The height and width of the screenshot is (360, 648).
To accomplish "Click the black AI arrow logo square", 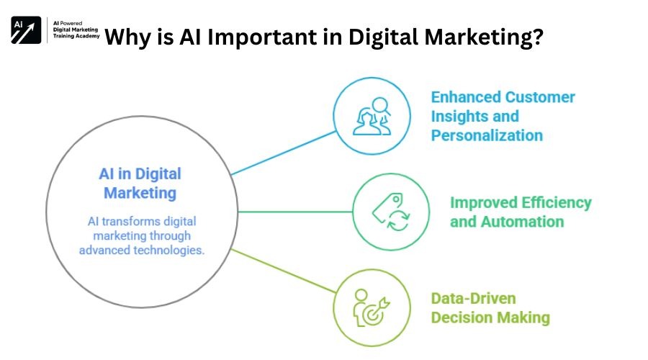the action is click(26, 30).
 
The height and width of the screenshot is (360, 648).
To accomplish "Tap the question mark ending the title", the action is click(537, 37).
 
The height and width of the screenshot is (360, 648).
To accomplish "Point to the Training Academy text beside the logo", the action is click(76, 36).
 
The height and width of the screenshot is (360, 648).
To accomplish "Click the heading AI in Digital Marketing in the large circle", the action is click(140, 184).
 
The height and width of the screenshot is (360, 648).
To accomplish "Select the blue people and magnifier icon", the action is click(372, 116).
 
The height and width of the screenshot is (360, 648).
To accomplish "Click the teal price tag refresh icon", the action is click(391, 212).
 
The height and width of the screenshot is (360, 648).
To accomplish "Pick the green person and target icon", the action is click(372, 308).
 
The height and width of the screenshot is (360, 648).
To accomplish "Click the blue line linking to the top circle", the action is click(284, 153).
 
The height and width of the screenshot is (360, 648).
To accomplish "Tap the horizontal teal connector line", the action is click(295, 212).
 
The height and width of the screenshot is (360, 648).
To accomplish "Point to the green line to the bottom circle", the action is click(284, 271).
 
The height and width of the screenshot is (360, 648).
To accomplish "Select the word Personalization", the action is click(487, 135).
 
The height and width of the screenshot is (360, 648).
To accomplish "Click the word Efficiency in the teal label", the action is click(557, 203).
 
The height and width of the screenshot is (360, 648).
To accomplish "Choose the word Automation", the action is click(523, 222).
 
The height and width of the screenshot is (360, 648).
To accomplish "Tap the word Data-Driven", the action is click(473, 298).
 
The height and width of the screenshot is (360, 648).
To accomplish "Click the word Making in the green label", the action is click(523, 318).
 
